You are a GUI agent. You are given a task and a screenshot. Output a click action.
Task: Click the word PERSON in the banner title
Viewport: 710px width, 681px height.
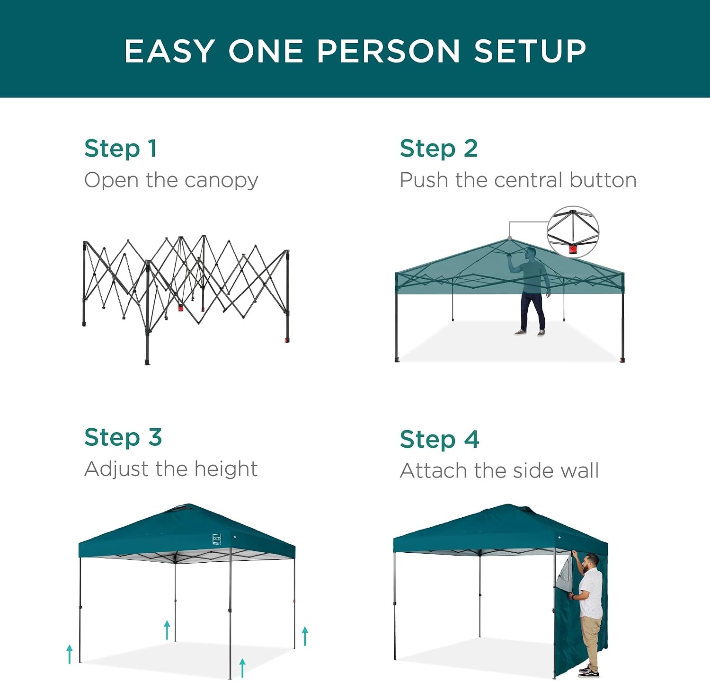(x=388, y=51)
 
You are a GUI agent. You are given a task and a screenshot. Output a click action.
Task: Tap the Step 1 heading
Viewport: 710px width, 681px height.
(x=120, y=149)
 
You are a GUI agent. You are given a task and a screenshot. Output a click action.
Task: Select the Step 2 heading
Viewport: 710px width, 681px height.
(x=439, y=149)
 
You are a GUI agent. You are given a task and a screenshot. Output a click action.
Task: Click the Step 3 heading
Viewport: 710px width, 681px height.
(x=123, y=437)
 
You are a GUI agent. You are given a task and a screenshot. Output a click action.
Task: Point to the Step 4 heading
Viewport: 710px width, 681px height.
(x=440, y=439)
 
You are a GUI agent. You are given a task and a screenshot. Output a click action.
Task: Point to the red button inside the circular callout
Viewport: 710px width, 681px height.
(x=573, y=248)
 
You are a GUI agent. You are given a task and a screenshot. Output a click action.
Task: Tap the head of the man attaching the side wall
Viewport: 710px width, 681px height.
(x=591, y=562)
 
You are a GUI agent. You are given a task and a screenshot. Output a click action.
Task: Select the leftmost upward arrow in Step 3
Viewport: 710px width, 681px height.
(x=70, y=654)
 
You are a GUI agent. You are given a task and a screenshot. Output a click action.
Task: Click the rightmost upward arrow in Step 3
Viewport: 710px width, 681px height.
(x=305, y=636)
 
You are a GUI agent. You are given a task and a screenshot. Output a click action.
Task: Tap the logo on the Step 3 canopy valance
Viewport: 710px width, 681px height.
(x=217, y=539)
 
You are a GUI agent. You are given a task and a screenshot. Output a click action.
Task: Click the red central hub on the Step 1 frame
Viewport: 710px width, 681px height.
(x=181, y=308)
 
